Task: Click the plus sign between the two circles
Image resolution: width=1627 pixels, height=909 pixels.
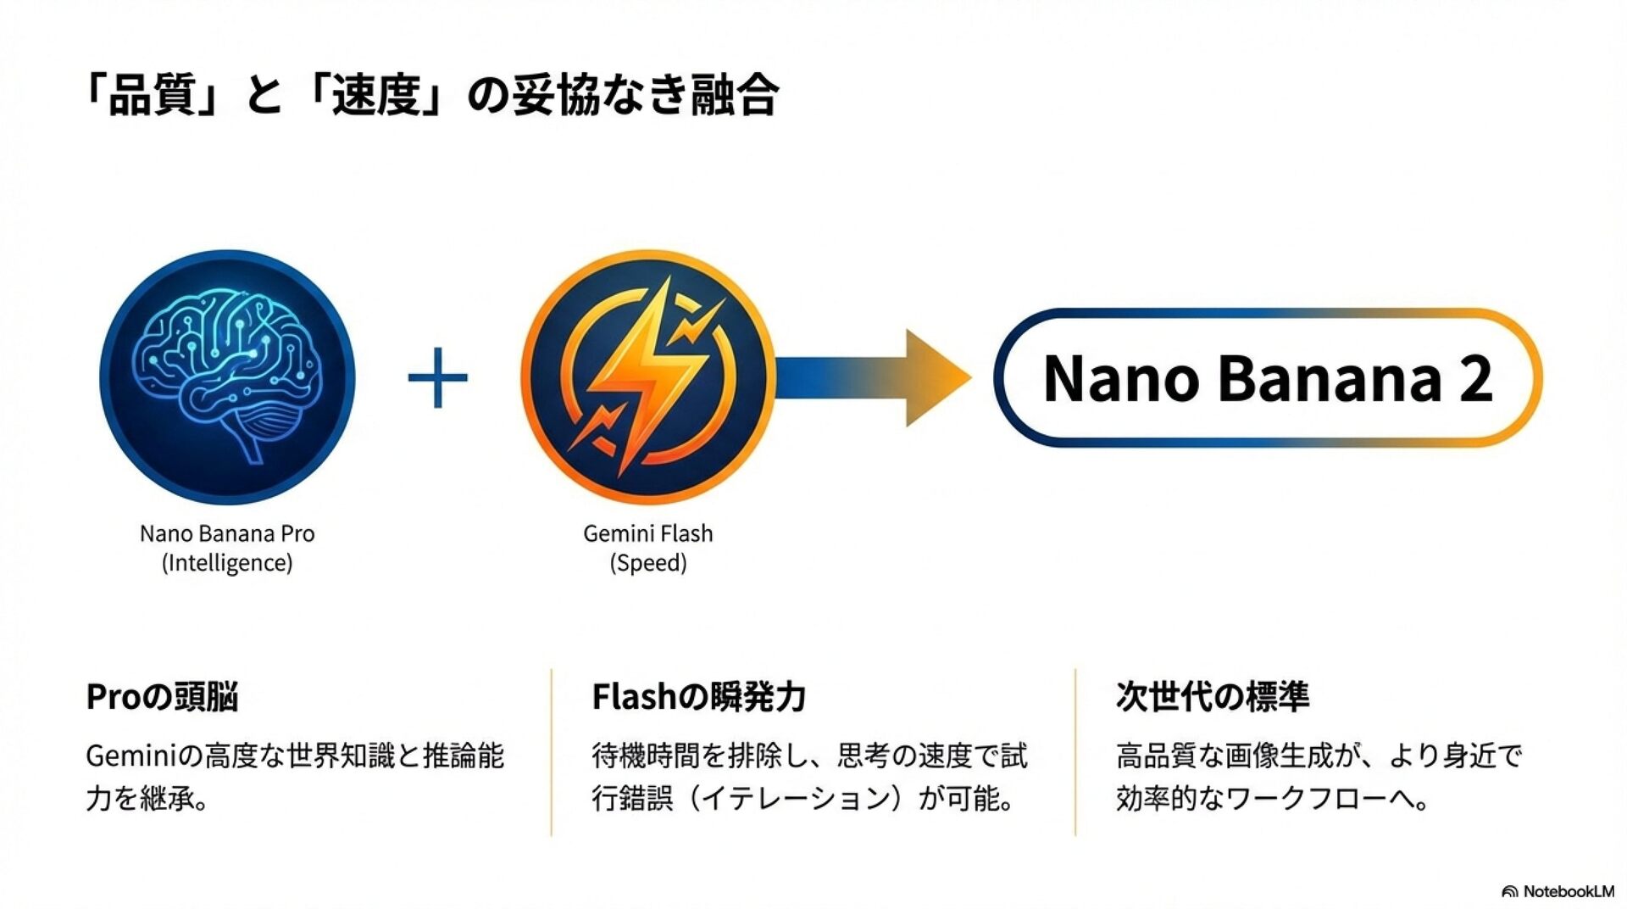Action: pyautogui.click(x=437, y=377)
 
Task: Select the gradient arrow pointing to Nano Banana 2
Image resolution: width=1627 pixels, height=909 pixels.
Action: pyautogui.click(x=873, y=377)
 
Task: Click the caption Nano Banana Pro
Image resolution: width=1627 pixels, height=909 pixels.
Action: pyautogui.click(x=227, y=533)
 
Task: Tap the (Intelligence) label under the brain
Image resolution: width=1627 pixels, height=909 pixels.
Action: pyautogui.click(x=227, y=563)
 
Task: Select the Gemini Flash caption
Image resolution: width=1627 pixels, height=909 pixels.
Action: pyautogui.click(x=648, y=533)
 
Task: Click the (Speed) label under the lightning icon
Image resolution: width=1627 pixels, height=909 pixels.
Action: pyautogui.click(x=648, y=563)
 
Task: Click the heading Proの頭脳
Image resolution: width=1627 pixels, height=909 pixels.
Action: pyautogui.click(x=162, y=697)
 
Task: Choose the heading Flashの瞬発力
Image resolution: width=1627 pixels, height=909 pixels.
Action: pyautogui.click(x=698, y=697)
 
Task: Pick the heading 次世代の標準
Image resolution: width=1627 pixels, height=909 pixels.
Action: pyautogui.click(x=1213, y=697)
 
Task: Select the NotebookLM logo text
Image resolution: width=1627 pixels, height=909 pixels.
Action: pyautogui.click(x=1568, y=891)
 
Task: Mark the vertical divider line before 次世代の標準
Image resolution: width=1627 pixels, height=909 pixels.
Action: pyautogui.click(x=1075, y=752)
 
